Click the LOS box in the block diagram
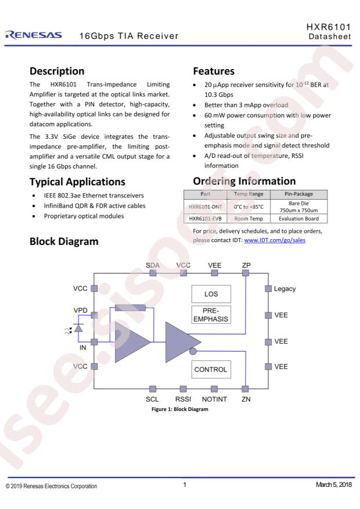(211, 294)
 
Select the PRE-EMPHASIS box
(211, 314)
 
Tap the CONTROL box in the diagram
(211, 369)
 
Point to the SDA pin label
(153, 265)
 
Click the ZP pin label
(246, 265)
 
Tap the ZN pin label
(246, 400)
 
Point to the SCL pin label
(152, 400)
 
